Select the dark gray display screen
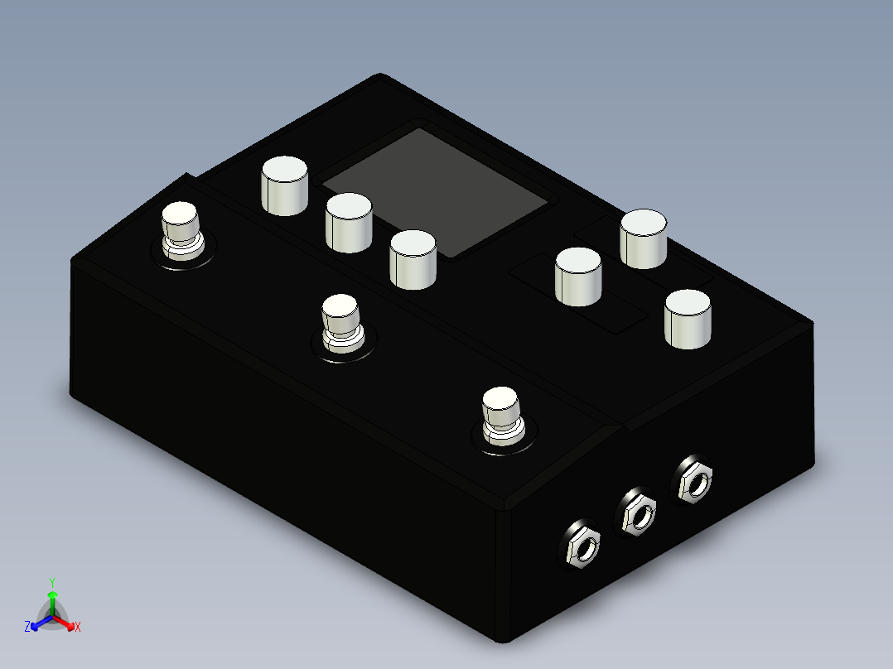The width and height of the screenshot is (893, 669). (435, 191)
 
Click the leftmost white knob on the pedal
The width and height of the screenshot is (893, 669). (285, 185)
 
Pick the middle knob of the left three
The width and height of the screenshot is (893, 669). (349, 222)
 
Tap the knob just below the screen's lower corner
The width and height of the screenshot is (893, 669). (413, 259)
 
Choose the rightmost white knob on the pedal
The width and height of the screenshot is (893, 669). (688, 319)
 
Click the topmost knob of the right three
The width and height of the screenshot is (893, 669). (644, 238)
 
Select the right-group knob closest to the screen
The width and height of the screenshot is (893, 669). (579, 276)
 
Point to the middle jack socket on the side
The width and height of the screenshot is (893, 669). (638, 513)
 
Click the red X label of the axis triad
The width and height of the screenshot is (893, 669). (78, 628)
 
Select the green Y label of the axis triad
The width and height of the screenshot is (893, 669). (52, 582)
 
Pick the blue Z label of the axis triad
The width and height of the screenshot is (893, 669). (27, 628)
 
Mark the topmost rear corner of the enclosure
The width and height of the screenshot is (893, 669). (380, 75)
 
